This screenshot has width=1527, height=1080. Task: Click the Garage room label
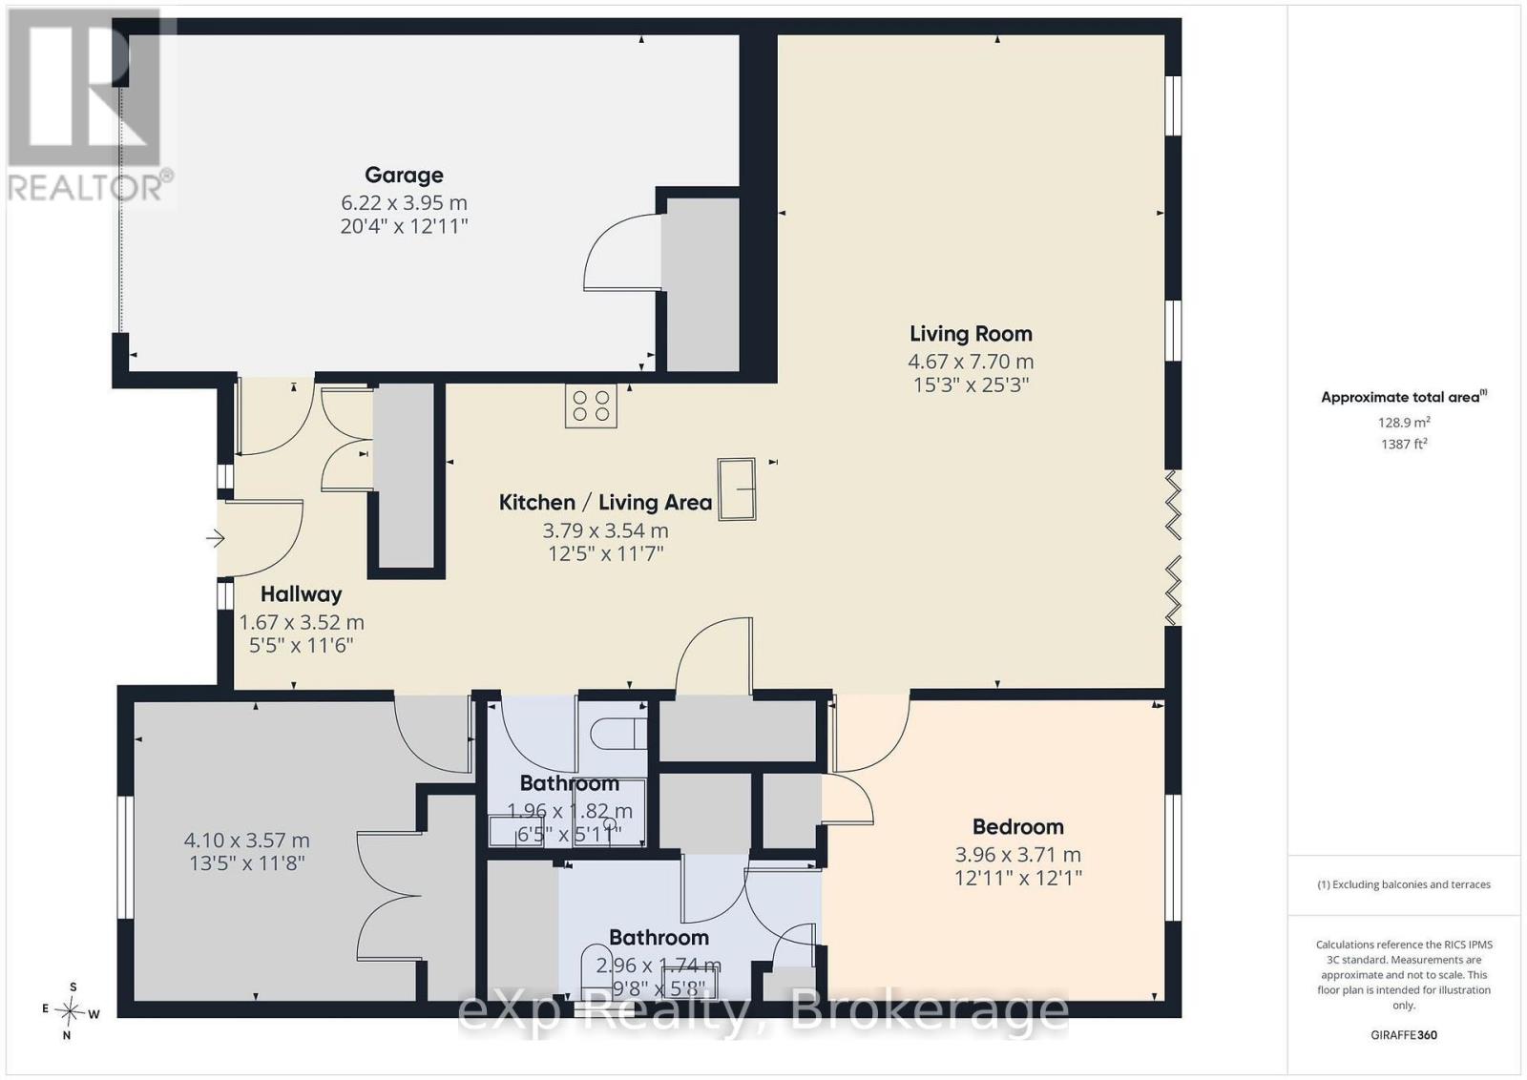[x=405, y=176]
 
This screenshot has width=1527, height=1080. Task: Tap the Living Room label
[x=971, y=334]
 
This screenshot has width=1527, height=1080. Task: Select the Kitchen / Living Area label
[x=605, y=503]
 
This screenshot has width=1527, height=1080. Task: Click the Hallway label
[x=302, y=594]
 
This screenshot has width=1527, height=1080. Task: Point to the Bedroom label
[x=1017, y=826]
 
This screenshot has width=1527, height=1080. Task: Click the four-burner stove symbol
[x=591, y=406]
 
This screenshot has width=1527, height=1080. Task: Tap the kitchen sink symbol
[x=737, y=489]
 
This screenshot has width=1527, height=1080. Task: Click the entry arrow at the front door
[x=216, y=538]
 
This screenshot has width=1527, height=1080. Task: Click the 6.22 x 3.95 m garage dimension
[x=405, y=203]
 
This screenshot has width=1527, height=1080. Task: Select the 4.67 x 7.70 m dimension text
[x=971, y=362]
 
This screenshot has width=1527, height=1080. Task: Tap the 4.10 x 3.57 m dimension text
[x=247, y=841]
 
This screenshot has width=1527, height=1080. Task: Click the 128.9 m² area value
[x=1404, y=423]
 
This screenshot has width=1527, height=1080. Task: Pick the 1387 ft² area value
[x=1404, y=445]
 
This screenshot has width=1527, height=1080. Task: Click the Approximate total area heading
[x=1404, y=397]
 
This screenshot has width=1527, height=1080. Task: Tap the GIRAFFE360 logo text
[x=1404, y=1035]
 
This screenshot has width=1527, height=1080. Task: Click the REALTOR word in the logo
[x=85, y=189]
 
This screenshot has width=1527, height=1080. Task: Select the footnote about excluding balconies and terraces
[x=1404, y=884]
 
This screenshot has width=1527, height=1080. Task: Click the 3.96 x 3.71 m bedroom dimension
[x=1017, y=855]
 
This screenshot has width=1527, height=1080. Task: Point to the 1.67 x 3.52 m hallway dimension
[x=302, y=622]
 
